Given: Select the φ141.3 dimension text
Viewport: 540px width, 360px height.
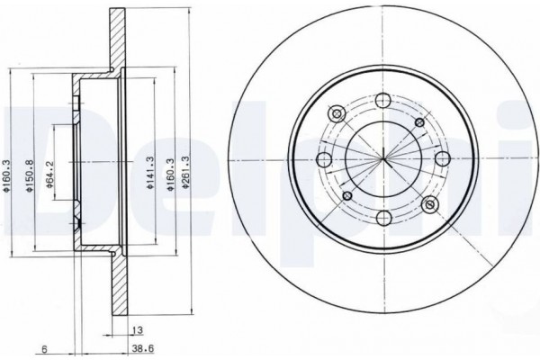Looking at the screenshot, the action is (149, 173).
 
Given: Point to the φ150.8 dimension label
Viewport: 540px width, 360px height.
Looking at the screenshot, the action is (30, 175).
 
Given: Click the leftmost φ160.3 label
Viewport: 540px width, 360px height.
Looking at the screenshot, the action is (6, 175).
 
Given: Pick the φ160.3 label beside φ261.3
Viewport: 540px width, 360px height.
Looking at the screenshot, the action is (170, 175).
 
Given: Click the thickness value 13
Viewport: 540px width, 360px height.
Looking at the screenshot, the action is (137, 330).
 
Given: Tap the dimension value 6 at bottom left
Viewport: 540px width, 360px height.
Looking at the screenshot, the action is (44, 349).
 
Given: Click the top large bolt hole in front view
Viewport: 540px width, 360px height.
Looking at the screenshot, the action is (383, 100).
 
